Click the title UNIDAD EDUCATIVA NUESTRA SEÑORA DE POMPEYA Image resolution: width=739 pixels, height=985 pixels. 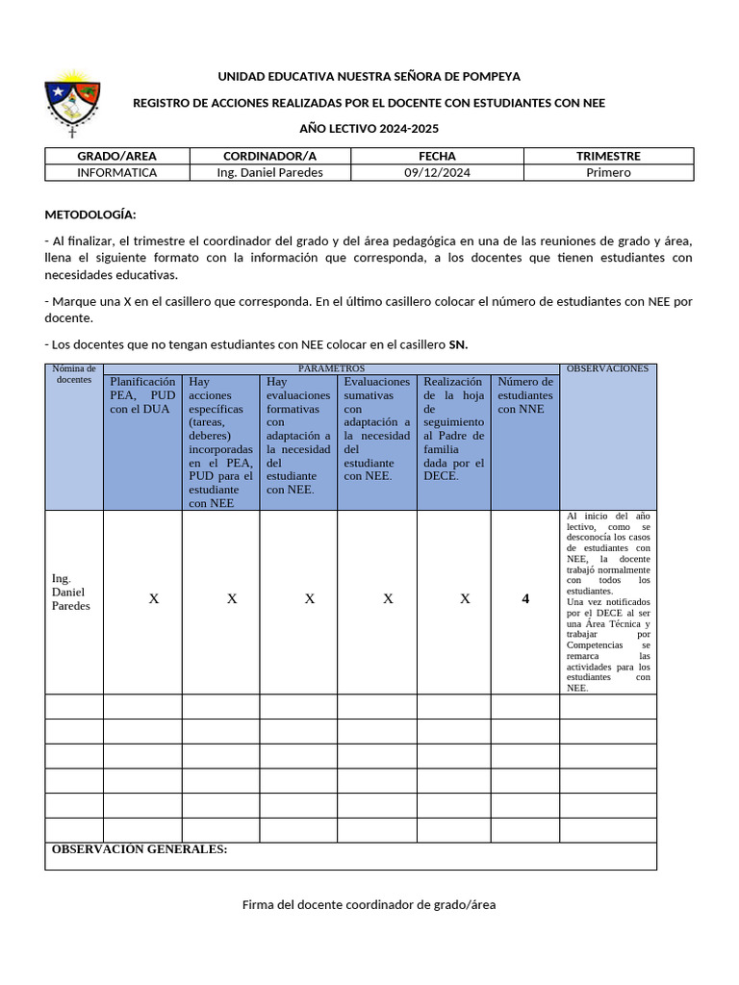[x=369, y=77]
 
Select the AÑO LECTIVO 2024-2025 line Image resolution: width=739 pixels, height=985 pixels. [x=369, y=129]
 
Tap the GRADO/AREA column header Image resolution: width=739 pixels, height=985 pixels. [x=116, y=156]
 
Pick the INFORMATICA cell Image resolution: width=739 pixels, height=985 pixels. [x=116, y=173]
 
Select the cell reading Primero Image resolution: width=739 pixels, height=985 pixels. [x=608, y=173]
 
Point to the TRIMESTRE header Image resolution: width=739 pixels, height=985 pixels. [x=608, y=156]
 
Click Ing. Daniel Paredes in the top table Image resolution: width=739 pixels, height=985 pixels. [x=270, y=173]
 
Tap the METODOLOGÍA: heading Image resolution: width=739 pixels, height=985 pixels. [x=90, y=214]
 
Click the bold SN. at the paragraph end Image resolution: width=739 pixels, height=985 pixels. [x=458, y=344]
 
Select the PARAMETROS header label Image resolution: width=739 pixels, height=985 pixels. [x=331, y=368]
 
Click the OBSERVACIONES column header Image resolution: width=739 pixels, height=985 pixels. [x=607, y=368]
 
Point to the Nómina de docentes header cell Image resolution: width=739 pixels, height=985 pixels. [x=74, y=374]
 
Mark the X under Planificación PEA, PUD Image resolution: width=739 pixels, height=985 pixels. [x=153, y=599]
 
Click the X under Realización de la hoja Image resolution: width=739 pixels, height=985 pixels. [x=465, y=599]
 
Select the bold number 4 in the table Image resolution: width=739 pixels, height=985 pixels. [x=525, y=599]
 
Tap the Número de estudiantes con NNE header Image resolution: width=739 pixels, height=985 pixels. [x=525, y=394]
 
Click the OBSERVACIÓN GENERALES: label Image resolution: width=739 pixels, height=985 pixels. [x=140, y=849]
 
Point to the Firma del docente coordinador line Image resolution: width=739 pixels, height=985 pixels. [x=369, y=905]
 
